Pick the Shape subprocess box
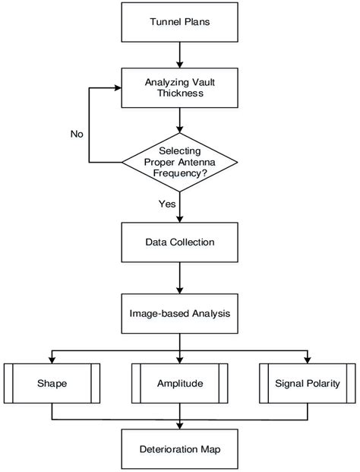click(52, 383)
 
